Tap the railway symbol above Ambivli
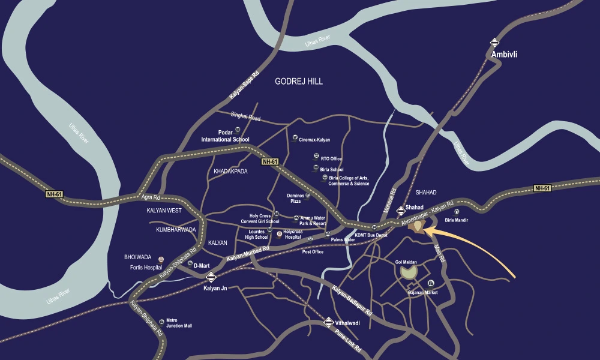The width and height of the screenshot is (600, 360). pyautogui.click(x=494, y=43)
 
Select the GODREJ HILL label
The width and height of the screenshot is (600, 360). pyautogui.click(x=298, y=81)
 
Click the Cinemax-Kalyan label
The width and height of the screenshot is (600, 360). pyautogui.click(x=314, y=140)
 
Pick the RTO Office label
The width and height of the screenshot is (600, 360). pyautogui.click(x=331, y=158)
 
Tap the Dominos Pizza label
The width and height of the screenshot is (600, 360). pyautogui.click(x=296, y=198)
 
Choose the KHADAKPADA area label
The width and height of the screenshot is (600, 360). pyautogui.click(x=230, y=172)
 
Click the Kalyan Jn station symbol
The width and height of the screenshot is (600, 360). pyautogui.click(x=211, y=277)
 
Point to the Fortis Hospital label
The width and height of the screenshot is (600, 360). pyautogui.click(x=143, y=267)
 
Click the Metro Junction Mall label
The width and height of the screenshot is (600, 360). pyautogui.click(x=179, y=323)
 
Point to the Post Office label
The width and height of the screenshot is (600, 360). pyautogui.click(x=313, y=251)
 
